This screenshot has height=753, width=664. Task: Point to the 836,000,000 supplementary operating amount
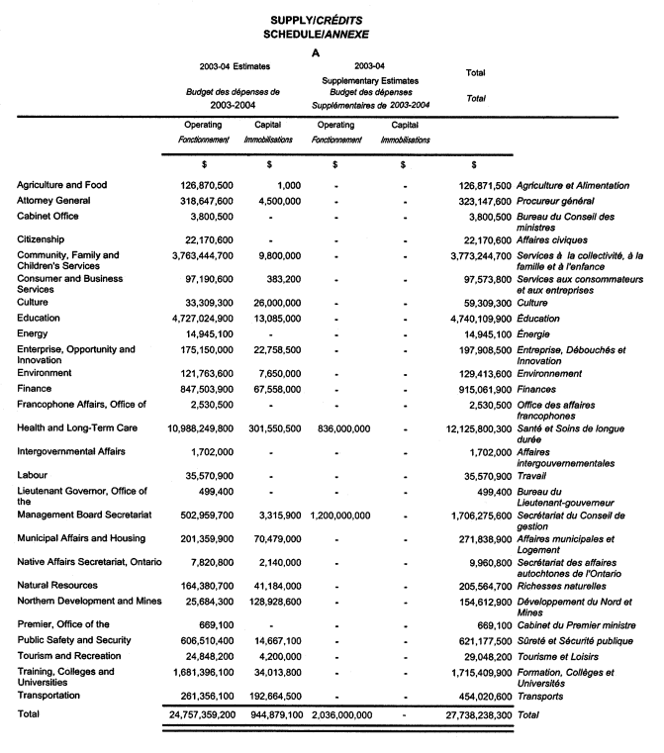pyautogui.click(x=335, y=430)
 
